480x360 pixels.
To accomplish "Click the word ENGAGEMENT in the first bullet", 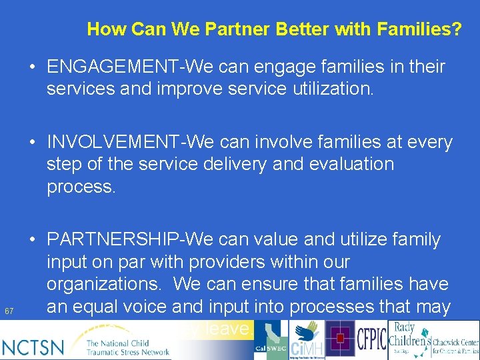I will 114,67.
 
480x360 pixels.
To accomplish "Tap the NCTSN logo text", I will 33,346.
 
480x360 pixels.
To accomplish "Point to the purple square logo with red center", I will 341,339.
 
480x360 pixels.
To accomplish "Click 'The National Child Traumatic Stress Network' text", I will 127,347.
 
